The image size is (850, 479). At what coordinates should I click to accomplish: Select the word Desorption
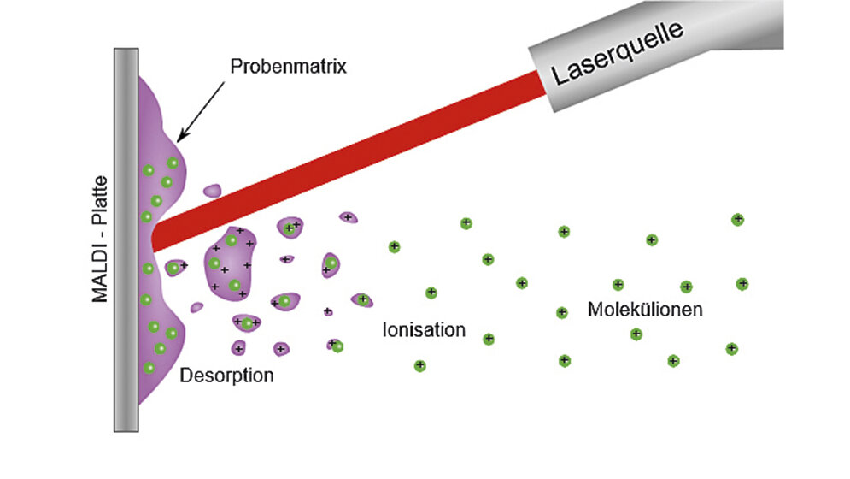226,375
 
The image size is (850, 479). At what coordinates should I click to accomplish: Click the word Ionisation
424,330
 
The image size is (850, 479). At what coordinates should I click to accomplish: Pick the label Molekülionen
645,309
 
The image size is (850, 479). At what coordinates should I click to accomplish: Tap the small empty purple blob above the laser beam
211,190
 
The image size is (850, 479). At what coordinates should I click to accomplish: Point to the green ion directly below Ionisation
419,365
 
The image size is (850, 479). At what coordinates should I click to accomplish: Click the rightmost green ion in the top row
737,220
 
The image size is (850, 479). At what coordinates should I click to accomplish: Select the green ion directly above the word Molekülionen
618,284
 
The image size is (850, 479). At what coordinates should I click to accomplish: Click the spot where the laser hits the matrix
154,234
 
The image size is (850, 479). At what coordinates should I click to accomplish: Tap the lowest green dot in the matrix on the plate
149,367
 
